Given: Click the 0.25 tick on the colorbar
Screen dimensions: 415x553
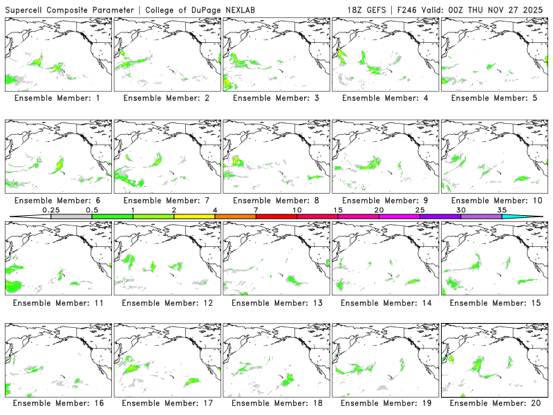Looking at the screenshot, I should click(x=51, y=210).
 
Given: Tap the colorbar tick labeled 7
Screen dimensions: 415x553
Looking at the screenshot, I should click(x=256, y=210).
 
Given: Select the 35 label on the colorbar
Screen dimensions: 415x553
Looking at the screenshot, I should click(x=502, y=210).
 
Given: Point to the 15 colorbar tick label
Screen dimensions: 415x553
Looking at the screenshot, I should click(x=338, y=210).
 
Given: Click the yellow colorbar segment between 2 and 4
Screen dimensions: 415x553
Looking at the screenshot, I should click(x=194, y=216).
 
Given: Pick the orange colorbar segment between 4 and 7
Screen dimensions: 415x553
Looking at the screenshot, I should click(x=235, y=216).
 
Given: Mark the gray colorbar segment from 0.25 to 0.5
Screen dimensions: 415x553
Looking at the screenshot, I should click(x=71, y=216).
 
